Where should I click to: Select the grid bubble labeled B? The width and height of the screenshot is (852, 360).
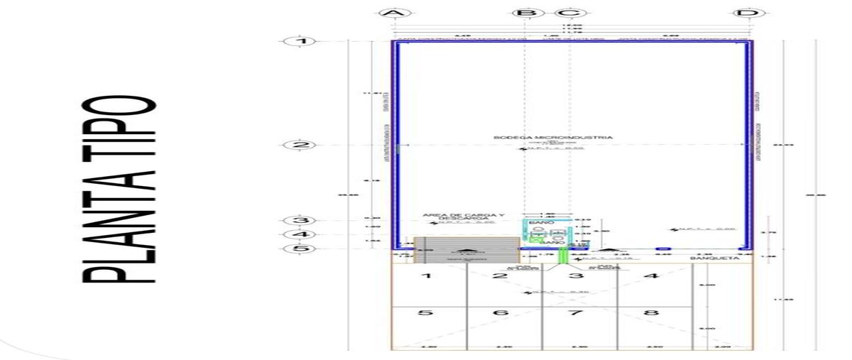[x=525, y=13]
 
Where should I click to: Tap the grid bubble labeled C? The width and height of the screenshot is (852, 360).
[x=572, y=13]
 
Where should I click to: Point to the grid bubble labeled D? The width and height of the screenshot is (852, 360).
[x=743, y=13]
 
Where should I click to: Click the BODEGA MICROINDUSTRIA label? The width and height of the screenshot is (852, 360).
[x=553, y=137]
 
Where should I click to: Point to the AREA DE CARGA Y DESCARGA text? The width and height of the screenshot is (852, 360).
[x=463, y=216]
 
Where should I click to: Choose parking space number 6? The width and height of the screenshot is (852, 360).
[x=501, y=312]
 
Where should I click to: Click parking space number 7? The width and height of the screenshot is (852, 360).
[x=576, y=312]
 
